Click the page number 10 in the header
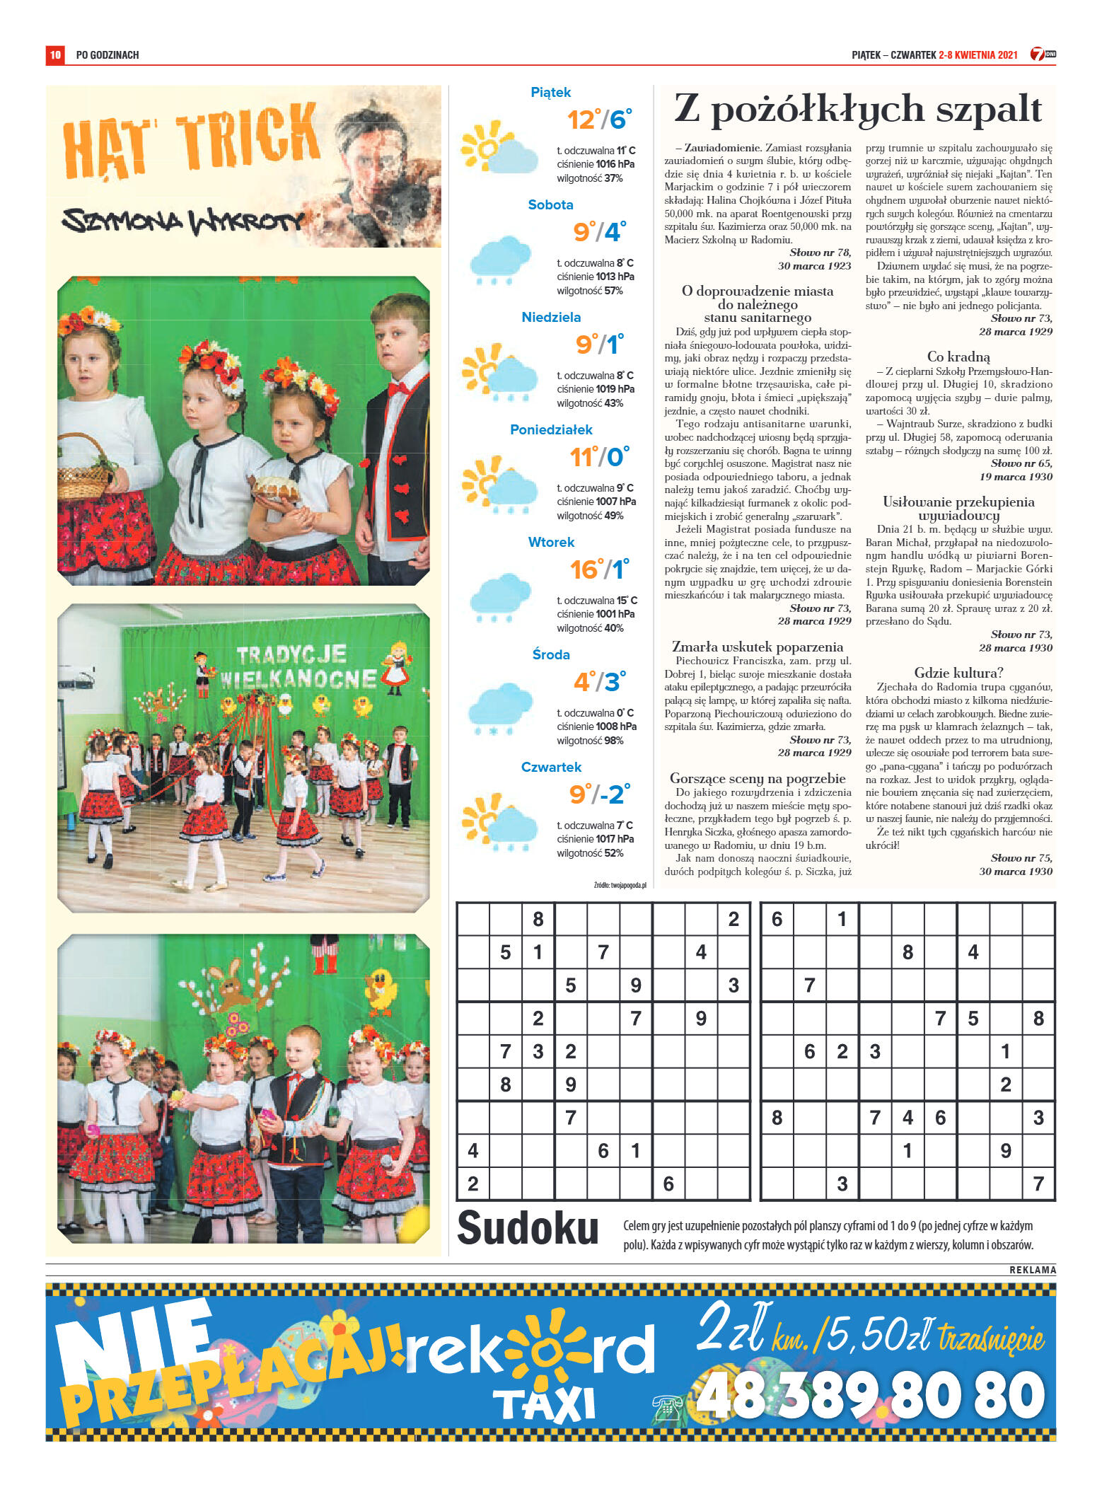click(55, 54)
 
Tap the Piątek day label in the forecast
click(550, 92)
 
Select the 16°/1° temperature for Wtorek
click(599, 569)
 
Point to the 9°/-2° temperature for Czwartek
click(600, 794)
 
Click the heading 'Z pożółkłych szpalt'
click(857, 110)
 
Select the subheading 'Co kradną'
click(958, 357)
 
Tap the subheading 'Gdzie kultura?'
click(958, 673)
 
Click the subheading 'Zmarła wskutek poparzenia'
click(757, 647)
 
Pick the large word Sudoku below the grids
click(528, 1229)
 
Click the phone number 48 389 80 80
click(870, 1397)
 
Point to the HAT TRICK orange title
click(191, 140)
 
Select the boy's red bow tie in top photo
click(400, 388)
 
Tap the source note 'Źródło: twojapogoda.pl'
click(620, 885)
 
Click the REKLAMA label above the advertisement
click(1032, 1270)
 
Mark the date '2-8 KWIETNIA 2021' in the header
click(978, 55)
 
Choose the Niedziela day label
click(551, 317)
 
